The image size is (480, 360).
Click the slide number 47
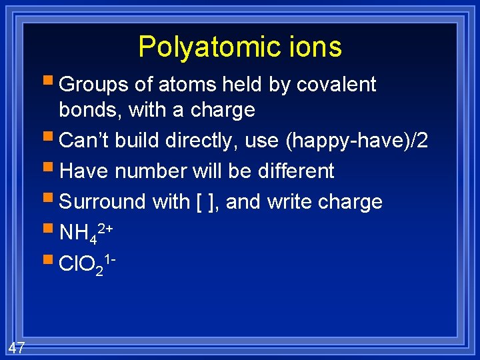[x=17, y=347]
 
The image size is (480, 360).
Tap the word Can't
[x=83, y=140]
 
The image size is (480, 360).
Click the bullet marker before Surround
[x=51, y=199]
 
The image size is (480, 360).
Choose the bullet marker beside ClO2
[x=51, y=261]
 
